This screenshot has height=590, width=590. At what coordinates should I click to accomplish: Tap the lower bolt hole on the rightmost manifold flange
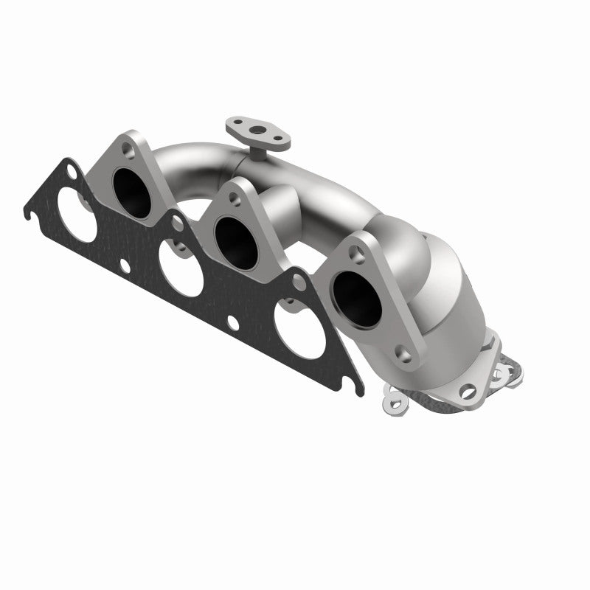tap(400, 354)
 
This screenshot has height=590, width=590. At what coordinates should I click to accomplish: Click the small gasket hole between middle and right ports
tap(232, 322)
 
